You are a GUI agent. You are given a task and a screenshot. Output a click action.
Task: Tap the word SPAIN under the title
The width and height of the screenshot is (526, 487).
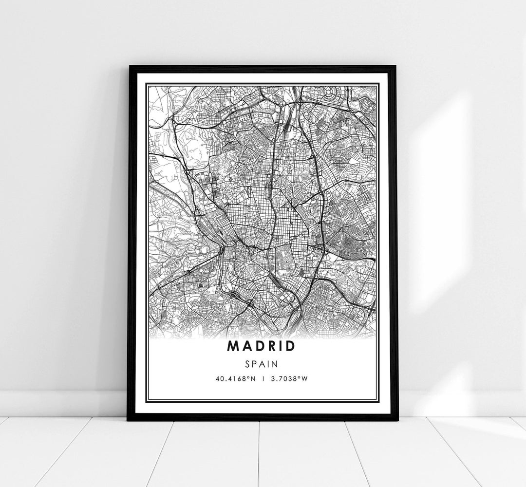(262, 363)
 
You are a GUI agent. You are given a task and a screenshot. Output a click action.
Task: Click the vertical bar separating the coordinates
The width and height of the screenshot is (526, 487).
(262, 378)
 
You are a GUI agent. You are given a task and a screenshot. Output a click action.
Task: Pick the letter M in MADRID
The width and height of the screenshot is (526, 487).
(233, 346)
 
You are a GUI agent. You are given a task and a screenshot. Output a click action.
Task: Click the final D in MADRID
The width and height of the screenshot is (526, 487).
(290, 346)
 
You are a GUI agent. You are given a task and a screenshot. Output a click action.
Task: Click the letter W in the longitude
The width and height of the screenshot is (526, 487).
(305, 378)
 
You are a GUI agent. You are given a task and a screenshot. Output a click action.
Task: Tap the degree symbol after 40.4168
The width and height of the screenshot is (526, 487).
(246, 376)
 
